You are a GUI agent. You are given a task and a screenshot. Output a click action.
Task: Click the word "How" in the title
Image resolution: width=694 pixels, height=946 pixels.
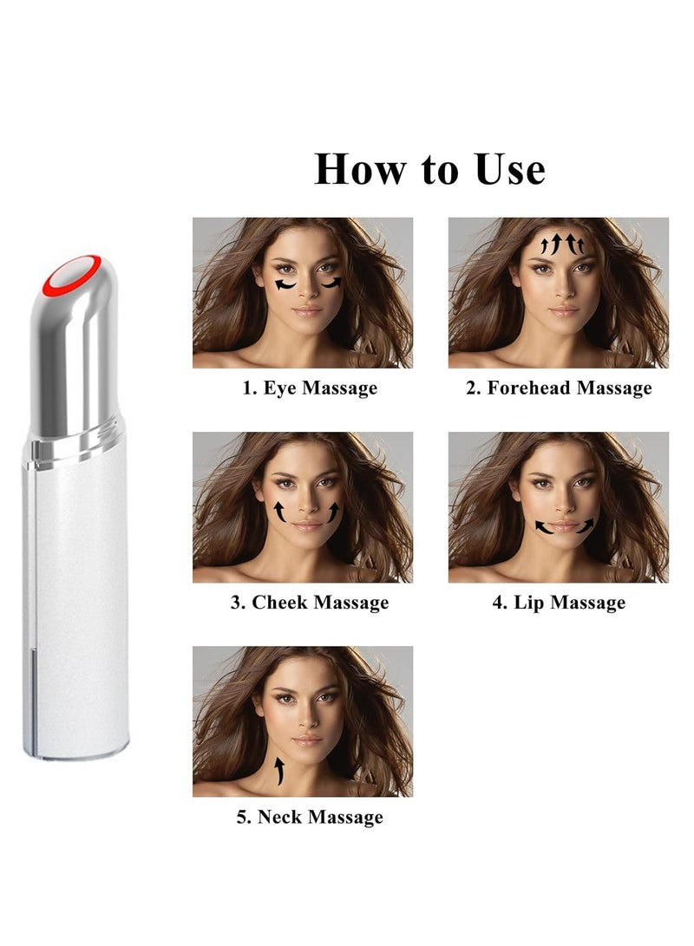point(360,169)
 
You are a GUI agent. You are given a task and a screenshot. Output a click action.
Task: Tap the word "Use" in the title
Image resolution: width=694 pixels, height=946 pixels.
point(510,169)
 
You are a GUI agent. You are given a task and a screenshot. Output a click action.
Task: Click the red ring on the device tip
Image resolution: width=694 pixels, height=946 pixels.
point(72,274)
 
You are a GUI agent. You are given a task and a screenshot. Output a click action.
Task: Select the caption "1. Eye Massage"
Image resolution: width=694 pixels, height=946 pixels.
point(310,388)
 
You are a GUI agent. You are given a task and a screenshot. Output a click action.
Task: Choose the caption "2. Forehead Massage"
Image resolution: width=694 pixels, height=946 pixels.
point(559,388)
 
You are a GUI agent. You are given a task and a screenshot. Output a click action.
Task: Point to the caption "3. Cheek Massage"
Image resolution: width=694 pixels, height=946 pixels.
point(310,602)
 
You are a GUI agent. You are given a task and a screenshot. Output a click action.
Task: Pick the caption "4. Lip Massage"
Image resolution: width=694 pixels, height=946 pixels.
point(559,602)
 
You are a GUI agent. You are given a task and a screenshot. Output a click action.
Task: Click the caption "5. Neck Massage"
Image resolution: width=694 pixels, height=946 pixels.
point(310,817)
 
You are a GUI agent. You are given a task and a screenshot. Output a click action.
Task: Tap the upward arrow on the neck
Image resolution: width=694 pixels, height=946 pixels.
point(279,771)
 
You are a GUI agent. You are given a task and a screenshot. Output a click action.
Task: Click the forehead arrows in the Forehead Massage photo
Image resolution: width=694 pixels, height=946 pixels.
point(562,244)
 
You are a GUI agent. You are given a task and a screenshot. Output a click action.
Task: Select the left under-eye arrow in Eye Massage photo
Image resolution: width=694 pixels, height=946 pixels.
point(285,285)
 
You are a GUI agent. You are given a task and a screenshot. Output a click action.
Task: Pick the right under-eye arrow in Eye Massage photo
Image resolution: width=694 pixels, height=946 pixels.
point(331,283)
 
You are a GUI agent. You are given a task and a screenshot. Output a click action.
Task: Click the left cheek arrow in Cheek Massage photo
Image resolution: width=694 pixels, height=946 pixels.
point(279,512)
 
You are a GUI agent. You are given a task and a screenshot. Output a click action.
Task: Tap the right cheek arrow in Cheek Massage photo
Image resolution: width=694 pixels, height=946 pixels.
point(334,513)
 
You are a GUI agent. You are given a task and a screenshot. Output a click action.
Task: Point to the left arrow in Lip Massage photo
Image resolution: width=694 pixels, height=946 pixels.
point(544,529)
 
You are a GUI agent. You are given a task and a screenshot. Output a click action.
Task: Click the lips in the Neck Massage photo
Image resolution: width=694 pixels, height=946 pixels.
point(308,740)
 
